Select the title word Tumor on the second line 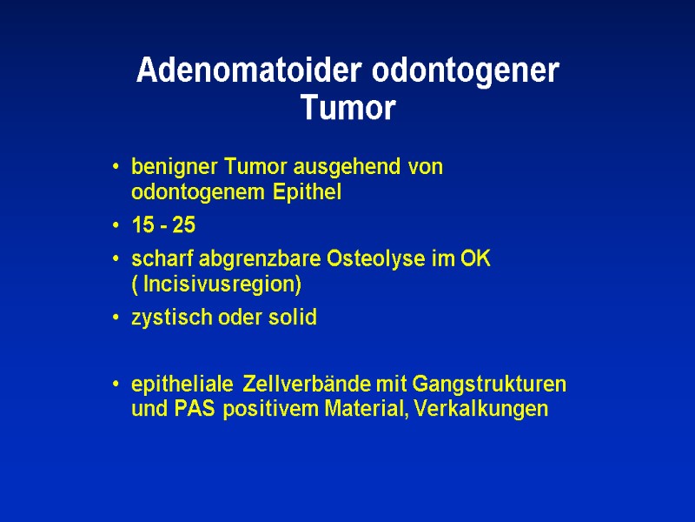coord(347,110)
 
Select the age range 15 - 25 coord(163,226)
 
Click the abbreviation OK coord(476,259)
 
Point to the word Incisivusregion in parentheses coord(222,284)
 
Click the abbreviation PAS coord(199,410)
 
